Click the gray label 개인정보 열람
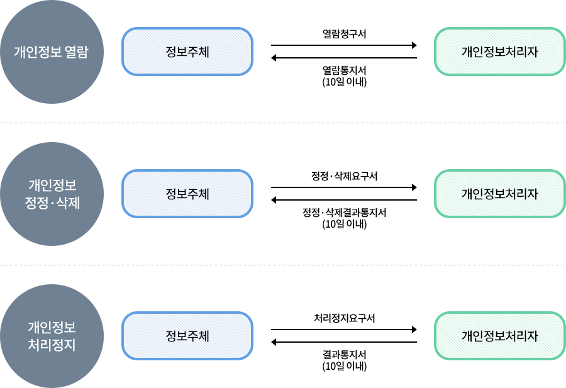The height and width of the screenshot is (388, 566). tap(52, 52)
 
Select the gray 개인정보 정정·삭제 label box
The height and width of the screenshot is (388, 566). tap(52, 194)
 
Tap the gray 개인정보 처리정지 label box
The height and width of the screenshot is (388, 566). tap(52, 336)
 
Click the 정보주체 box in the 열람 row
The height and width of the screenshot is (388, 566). tap(186, 52)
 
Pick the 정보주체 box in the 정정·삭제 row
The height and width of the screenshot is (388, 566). tap(186, 194)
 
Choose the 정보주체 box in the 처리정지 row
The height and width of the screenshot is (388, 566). tap(186, 336)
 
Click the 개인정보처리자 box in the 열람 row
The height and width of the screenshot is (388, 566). tap(499, 52)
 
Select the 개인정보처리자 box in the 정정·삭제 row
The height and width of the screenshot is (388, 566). tap(499, 194)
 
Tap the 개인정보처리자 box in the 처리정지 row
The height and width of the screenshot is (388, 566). tap(499, 336)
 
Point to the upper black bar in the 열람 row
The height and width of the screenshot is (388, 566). tap(344, 45)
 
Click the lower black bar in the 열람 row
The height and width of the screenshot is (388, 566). tap(344, 58)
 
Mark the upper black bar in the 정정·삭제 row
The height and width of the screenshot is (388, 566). tap(344, 187)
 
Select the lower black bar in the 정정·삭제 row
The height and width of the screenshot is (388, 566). tap(344, 200)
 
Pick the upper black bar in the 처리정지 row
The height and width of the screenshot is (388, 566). tap(344, 329)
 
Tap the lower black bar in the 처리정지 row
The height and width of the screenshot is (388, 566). tap(344, 342)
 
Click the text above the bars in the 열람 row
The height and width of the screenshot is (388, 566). tap(344, 34)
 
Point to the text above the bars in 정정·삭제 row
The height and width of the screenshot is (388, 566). tap(344, 176)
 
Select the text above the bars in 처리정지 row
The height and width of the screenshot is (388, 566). tap(344, 318)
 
